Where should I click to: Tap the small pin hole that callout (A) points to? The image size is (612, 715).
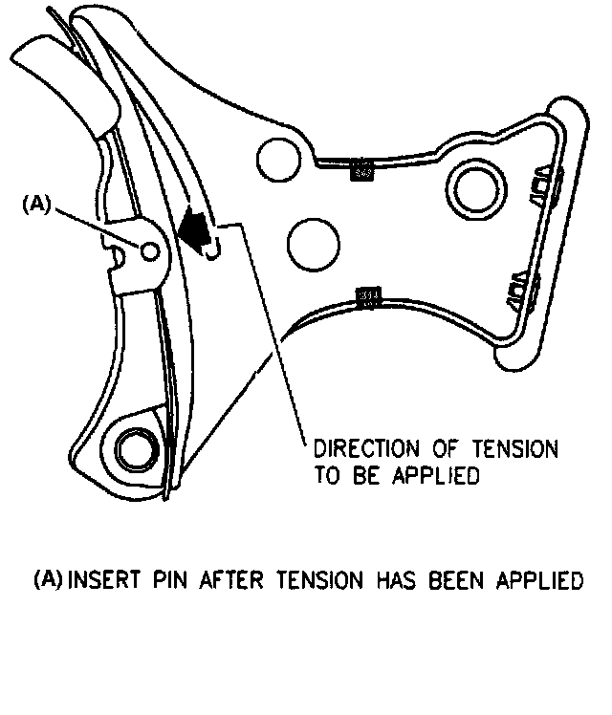(148, 249)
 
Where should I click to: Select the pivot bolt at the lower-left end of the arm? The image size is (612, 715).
(134, 444)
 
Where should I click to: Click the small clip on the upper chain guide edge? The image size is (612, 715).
(361, 172)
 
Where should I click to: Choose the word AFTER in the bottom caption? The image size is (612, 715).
(233, 580)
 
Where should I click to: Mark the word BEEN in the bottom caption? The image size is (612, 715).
(475, 580)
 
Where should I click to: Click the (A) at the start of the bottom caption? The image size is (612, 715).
(48, 580)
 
